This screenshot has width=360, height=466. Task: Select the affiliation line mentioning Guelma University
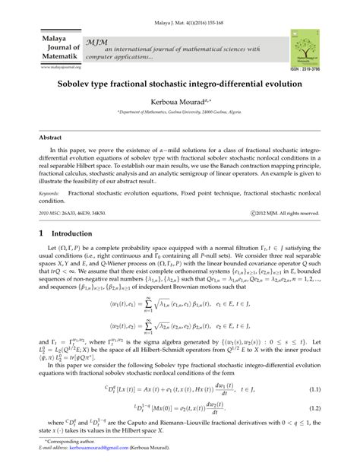coord(180,112)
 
